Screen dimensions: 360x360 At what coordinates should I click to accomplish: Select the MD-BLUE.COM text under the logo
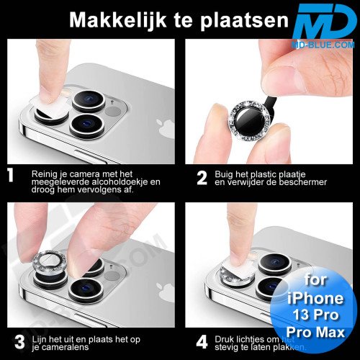(324, 45)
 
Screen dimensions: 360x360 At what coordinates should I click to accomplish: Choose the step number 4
(202, 338)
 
